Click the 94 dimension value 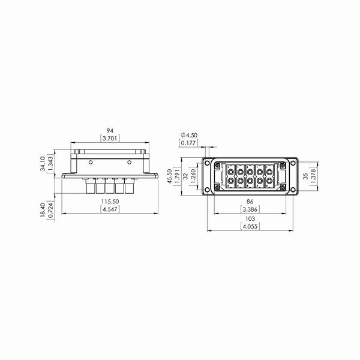click(110, 131)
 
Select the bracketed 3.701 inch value click(110, 138)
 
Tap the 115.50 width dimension click(110, 202)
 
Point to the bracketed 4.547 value click(110, 209)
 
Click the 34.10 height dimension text click(43, 164)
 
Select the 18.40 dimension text click(43, 210)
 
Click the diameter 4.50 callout click(189, 135)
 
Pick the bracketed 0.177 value click(188, 143)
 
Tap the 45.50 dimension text click(170, 176)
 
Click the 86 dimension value click(250, 202)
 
